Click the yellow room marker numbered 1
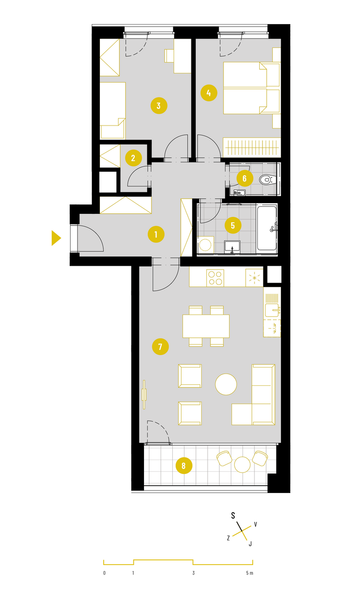[x=156, y=234]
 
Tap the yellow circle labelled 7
[x=160, y=347]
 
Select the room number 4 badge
[x=209, y=93]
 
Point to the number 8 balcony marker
[x=183, y=466]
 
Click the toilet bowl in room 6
[x=267, y=179]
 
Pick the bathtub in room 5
[x=267, y=228]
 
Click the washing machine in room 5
[x=205, y=244]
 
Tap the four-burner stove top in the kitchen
[x=215, y=278]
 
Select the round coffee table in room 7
[x=226, y=384]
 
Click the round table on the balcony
[x=242, y=465]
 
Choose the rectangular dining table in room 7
[x=206, y=326]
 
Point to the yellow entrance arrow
[x=56, y=238]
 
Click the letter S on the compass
[x=233, y=515]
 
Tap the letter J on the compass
[x=250, y=544]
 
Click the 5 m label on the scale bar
[x=249, y=573]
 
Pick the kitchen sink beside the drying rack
[x=272, y=310]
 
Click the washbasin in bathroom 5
[x=232, y=247]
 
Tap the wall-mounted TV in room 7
[x=144, y=395]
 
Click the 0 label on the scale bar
[x=104, y=573]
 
